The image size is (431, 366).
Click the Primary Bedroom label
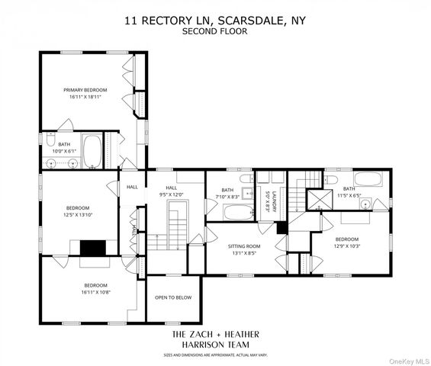(85, 90)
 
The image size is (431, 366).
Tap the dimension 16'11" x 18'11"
(85, 98)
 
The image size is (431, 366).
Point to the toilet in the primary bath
(49, 142)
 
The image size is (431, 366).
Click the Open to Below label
(173, 297)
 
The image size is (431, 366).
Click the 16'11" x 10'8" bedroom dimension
(97, 291)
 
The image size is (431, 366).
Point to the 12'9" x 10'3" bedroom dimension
(346, 245)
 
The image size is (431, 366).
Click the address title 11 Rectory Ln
(215, 21)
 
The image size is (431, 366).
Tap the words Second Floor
(215, 31)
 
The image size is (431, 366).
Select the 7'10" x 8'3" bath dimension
(227, 197)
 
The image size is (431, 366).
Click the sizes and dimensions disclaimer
(215, 355)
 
